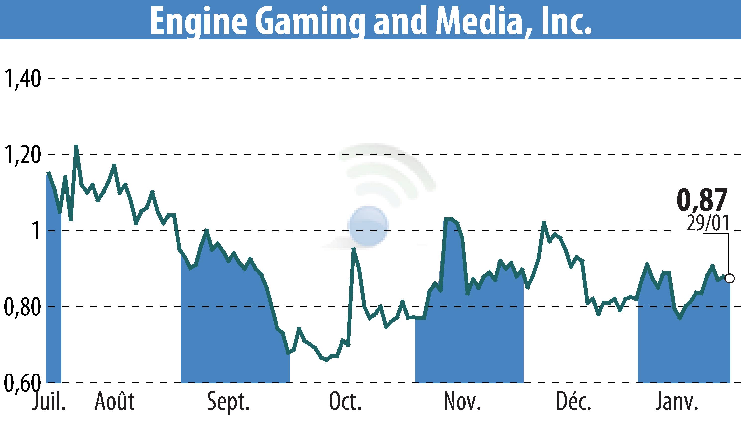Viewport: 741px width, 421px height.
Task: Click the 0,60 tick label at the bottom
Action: pyautogui.click(x=22, y=383)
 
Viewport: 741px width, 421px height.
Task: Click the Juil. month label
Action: pyautogui.click(x=48, y=402)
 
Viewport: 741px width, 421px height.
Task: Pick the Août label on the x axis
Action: pyautogui.click(x=114, y=402)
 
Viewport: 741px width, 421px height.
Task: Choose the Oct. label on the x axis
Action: pyautogui.click(x=345, y=402)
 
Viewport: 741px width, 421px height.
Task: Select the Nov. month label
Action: pyautogui.click(x=462, y=402)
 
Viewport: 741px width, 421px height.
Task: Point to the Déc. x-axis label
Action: pyautogui.click(x=574, y=402)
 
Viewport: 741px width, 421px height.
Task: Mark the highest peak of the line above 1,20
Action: pyautogui.click(x=76, y=146)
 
